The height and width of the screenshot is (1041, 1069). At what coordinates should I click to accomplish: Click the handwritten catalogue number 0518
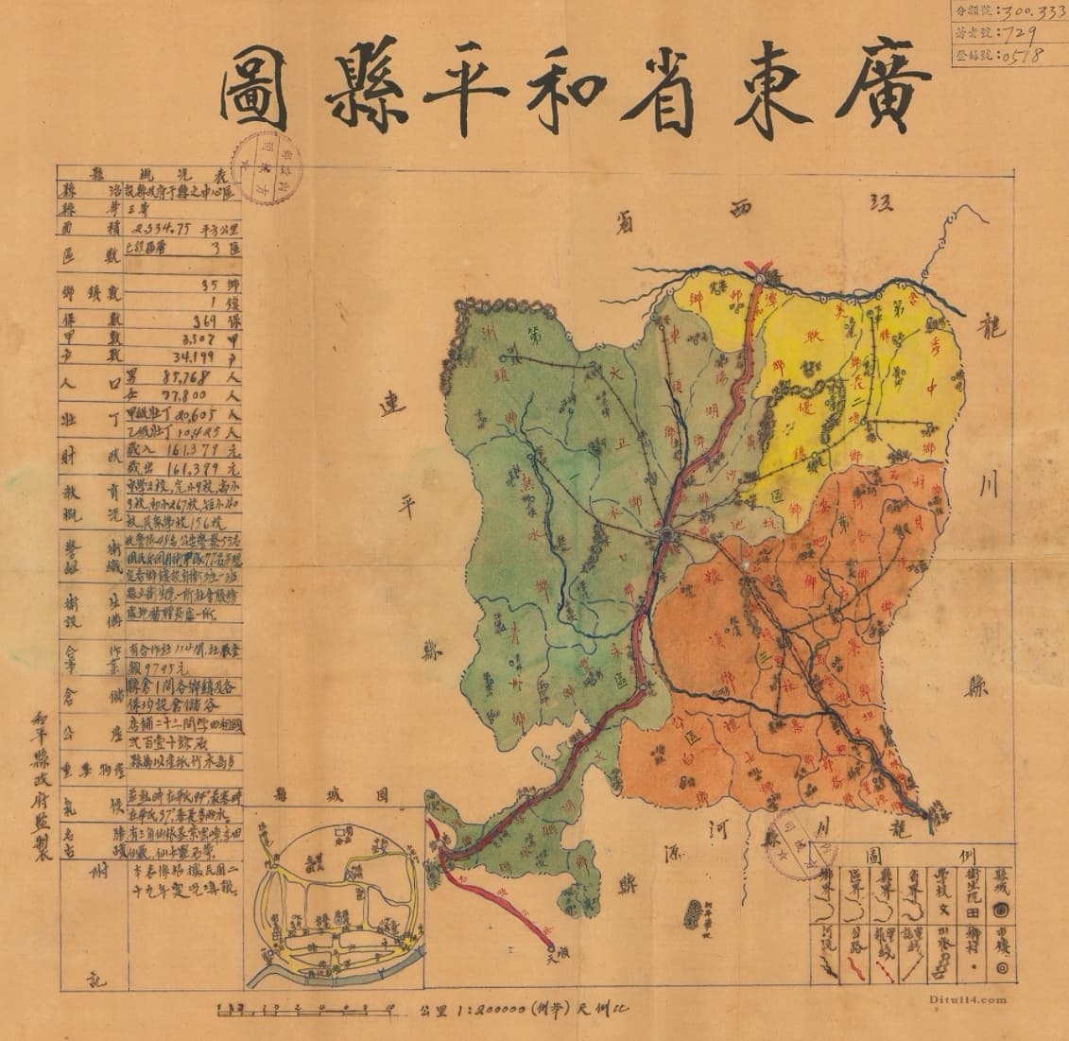(1015, 55)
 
